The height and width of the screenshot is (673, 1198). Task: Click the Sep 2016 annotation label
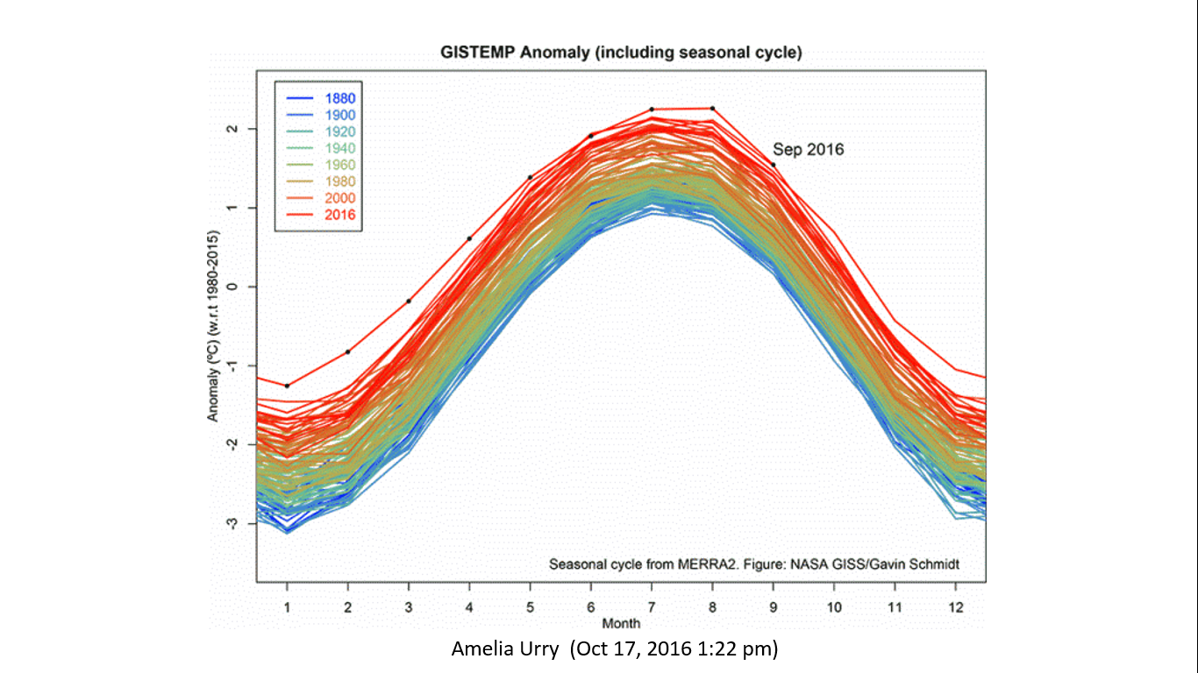[x=808, y=150]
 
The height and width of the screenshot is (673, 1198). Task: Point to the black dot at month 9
[x=773, y=165]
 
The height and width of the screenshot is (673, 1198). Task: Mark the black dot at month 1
[x=287, y=386]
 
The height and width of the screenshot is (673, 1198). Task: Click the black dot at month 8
[x=712, y=109]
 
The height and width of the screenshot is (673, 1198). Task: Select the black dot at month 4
[x=469, y=238]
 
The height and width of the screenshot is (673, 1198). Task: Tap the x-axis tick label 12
[x=955, y=607]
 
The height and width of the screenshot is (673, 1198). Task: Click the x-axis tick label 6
[x=591, y=607]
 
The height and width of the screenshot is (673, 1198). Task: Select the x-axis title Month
[x=620, y=623]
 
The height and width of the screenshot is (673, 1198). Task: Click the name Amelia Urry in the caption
[x=505, y=649]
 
